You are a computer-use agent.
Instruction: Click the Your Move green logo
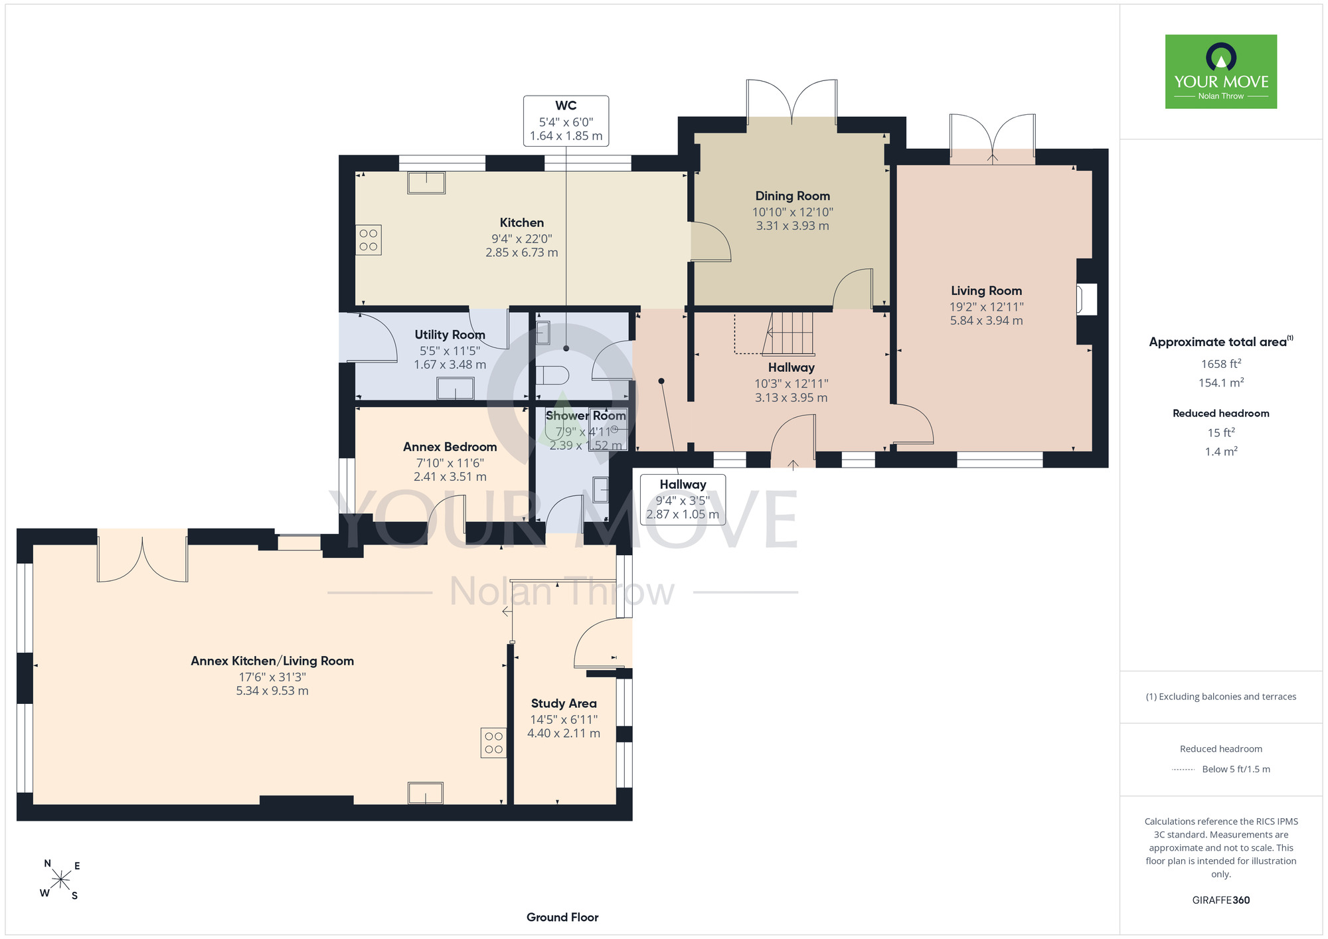[x=1221, y=72]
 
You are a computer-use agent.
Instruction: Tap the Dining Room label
[x=793, y=196]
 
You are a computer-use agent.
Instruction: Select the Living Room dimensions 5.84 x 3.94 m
[x=986, y=321]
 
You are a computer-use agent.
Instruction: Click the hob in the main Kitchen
[x=369, y=240]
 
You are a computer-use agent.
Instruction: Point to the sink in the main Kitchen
[x=426, y=183]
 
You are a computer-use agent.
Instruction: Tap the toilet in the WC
[x=552, y=376]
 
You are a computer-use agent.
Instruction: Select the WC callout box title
[x=566, y=106]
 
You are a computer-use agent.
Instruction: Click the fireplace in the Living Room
[x=1086, y=299]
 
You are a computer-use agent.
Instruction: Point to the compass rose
[x=61, y=880]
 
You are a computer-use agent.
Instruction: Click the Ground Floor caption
[x=562, y=917]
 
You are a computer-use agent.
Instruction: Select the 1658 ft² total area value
[x=1221, y=363]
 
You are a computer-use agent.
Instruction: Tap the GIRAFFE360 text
[x=1221, y=900]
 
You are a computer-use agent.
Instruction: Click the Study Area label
[x=564, y=703]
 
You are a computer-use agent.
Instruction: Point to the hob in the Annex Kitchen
[x=494, y=743]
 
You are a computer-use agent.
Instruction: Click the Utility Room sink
[x=456, y=388]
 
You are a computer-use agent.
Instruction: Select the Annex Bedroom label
[x=450, y=447]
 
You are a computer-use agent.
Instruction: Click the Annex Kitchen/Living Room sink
[x=426, y=793]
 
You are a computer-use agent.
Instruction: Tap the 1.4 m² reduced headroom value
[x=1221, y=452]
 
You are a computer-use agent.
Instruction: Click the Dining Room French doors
[x=791, y=101]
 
